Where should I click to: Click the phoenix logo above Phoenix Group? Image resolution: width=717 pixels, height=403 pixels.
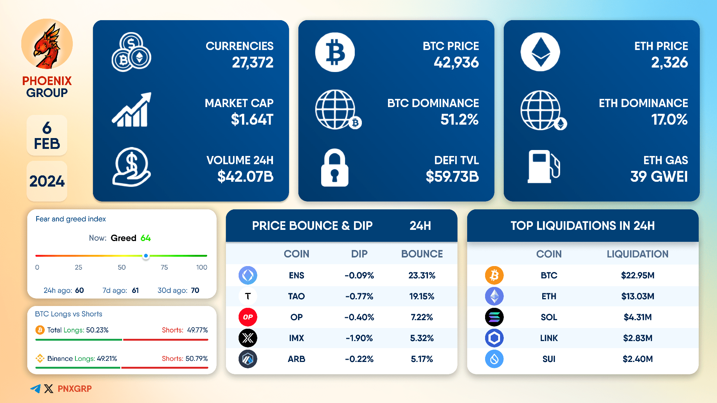click(47, 44)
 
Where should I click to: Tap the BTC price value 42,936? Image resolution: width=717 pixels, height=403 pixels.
click(456, 62)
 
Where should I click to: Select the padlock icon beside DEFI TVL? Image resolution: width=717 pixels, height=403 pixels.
click(335, 168)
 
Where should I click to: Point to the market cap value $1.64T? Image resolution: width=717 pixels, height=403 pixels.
click(252, 119)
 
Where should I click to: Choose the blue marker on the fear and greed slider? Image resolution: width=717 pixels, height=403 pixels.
click(146, 256)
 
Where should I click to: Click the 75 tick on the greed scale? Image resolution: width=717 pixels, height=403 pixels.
click(164, 267)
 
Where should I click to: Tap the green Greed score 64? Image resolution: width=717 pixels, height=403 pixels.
click(146, 238)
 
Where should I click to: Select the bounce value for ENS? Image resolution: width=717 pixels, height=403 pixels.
click(422, 275)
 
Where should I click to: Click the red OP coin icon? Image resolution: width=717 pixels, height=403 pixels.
click(248, 317)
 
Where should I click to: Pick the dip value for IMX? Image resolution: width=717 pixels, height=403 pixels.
click(359, 338)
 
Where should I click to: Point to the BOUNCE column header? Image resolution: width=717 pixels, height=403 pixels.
click(422, 254)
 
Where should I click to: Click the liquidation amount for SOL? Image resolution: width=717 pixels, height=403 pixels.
click(637, 317)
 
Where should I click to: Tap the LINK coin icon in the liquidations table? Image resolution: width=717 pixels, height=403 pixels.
click(494, 338)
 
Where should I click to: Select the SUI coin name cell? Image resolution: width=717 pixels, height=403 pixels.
click(549, 359)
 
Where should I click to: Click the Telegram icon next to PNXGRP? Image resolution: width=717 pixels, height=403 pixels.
click(35, 389)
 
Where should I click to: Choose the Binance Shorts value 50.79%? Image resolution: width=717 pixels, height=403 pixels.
click(196, 359)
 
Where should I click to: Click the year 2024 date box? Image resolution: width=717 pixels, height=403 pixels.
click(47, 181)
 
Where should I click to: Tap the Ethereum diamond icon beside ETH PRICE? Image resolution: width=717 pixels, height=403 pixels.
click(540, 52)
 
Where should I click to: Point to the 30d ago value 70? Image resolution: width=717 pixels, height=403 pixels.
click(195, 290)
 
